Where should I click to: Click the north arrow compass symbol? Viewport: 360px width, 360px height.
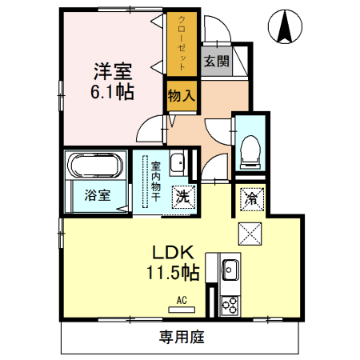coord(285,26)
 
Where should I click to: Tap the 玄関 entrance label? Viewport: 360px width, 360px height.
coord(217,62)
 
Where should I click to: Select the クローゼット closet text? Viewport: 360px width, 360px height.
coord(182,43)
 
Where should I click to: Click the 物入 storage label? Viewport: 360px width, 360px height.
coord(182,96)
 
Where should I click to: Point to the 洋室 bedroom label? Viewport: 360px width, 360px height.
coord(113,71)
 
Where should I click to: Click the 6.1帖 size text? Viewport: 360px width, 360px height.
coord(112,92)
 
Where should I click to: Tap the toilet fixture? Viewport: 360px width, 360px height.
coord(250,152)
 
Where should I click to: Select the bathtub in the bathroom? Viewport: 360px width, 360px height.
coord(95,165)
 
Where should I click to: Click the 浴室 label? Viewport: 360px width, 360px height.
coord(98,195)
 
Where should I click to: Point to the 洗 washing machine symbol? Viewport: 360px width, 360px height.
coord(184,197)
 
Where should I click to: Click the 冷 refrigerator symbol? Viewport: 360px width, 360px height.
coord(252,198)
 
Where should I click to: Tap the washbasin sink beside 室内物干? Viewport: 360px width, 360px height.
coord(177,163)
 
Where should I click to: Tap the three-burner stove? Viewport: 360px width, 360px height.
coord(230,306)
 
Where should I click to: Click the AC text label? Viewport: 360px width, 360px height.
coord(182,300)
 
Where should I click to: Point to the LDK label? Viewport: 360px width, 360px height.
coord(173,253)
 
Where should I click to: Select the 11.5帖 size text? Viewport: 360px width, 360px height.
coord(173,272)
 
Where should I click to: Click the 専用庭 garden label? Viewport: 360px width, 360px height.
coord(182,337)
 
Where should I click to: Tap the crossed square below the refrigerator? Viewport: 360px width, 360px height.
coord(250,234)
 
